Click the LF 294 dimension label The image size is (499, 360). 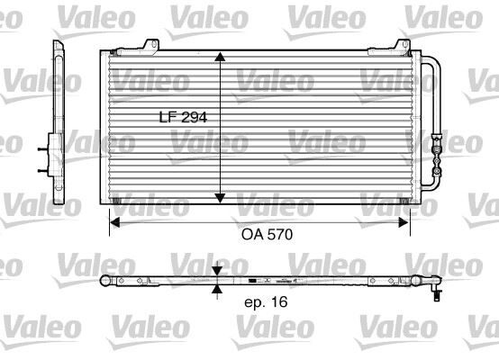(x=184, y=117)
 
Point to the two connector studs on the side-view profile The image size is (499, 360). (x=43, y=154)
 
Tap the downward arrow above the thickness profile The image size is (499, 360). (x=217, y=272)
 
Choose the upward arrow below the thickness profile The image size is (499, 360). (x=217, y=290)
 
